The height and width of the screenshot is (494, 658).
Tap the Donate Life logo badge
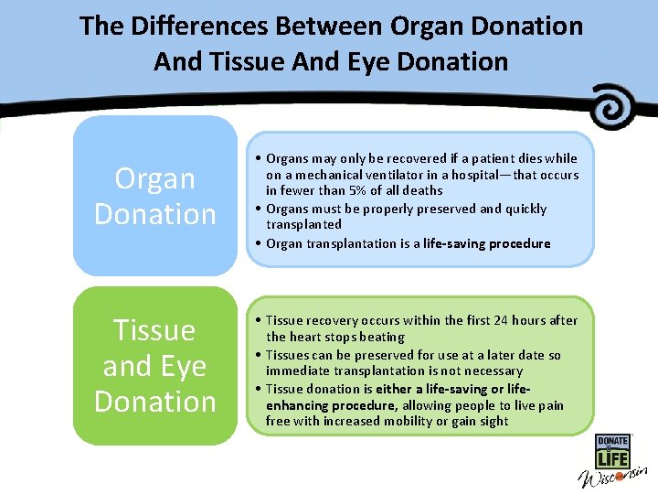click(612, 453)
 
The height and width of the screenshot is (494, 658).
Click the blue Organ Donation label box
click(155, 196)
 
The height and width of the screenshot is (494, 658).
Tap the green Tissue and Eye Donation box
click(155, 366)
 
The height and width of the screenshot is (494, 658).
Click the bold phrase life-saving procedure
click(487, 243)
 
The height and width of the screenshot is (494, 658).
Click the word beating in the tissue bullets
click(380, 337)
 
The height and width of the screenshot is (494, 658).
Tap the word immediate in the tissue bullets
click(295, 370)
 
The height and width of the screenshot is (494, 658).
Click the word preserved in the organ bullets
click(444, 209)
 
